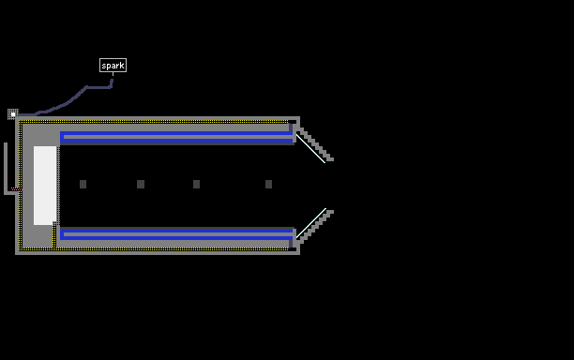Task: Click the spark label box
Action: [x=113, y=65]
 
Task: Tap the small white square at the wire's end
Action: [x=13, y=114]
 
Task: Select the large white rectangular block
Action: [x=45, y=186]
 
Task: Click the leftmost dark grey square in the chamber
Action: [x=83, y=184]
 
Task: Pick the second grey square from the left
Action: [x=141, y=184]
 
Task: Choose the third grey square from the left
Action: [x=197, y=184]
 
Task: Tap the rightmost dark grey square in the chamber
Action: [x=268, y=184]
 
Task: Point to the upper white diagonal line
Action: [x=310, y=149]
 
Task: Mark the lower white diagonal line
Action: [x=310, y=223]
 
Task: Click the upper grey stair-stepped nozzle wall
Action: [x=315, y=143]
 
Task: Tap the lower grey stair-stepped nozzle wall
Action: [x=315, y=227]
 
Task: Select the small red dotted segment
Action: [x=16, y=188]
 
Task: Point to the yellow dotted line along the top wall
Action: [x=154, y=122]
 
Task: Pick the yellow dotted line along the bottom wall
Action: [x=154, y=248]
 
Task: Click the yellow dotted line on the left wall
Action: [x=21, y=185]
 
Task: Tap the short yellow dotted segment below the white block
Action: [x=54, y=235]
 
